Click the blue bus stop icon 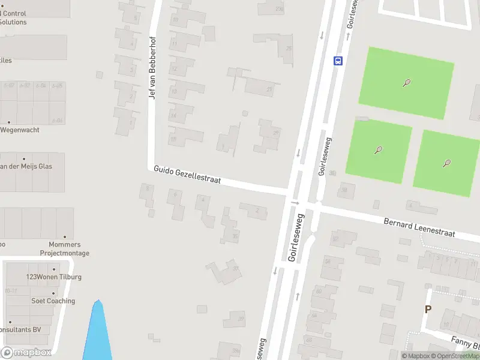338,60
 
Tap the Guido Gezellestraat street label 187,175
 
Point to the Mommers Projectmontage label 65,249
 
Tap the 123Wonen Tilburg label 53,277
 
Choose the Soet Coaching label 53,301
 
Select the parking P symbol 428,310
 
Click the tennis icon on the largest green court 407,83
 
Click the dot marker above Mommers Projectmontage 65,237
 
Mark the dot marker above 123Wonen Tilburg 53,269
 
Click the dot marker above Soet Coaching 53,293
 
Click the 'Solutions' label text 13,22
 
